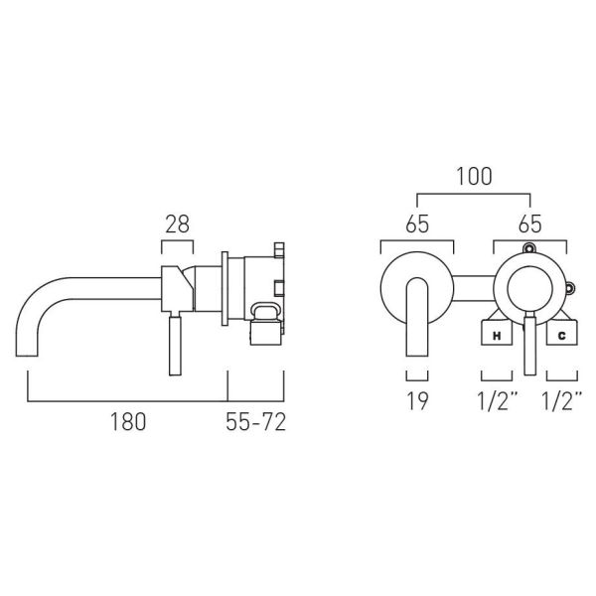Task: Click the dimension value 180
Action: click(x=128, y=422)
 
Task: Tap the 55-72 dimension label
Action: click(x=255, y=422)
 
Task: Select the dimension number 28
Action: click(x=177, y=224)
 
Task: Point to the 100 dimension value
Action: click(x=474, y=176)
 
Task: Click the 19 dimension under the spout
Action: click(x=417, y=401)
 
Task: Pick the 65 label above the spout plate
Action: click(x=417, y=224)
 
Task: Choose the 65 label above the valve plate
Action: click(x=529, y=224)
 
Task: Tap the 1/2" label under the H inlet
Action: click(x=498, y=400)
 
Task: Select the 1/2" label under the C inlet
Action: click(x=562, y=400)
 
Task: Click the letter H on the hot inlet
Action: click(x=497, y=336)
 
